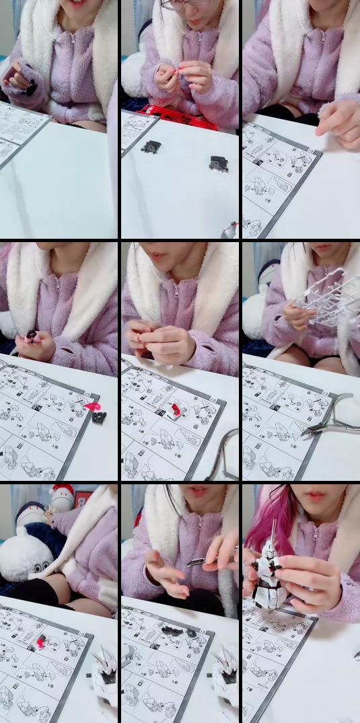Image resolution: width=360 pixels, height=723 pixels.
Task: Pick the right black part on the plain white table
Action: point(218,163)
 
